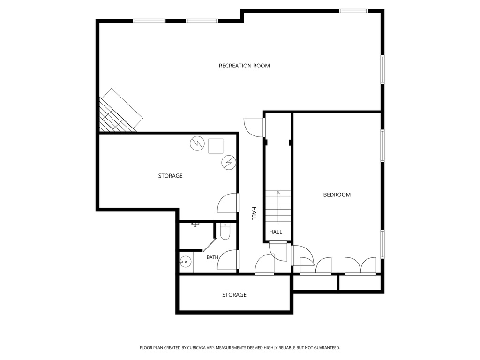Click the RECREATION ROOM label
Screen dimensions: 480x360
[244, 66]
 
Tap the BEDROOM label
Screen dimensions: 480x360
[337, 195]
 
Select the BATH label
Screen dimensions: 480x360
[212, 257]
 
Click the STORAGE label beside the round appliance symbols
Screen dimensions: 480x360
[170, 176]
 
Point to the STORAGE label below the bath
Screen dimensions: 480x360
[234, 295]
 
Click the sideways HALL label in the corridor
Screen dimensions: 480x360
[254, 213]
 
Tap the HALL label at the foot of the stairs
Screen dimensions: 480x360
[276, 232]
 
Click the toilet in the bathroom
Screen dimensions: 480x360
[225, 232]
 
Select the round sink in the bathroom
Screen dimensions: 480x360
[185, 262]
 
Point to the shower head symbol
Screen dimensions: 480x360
[195, 225]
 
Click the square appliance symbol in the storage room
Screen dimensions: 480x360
[216, 146]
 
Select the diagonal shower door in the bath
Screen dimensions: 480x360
[210, 246]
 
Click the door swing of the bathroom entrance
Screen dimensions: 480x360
[227, 260]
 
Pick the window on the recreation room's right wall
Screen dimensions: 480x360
[382, 69]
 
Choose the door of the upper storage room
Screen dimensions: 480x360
[227, 202]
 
